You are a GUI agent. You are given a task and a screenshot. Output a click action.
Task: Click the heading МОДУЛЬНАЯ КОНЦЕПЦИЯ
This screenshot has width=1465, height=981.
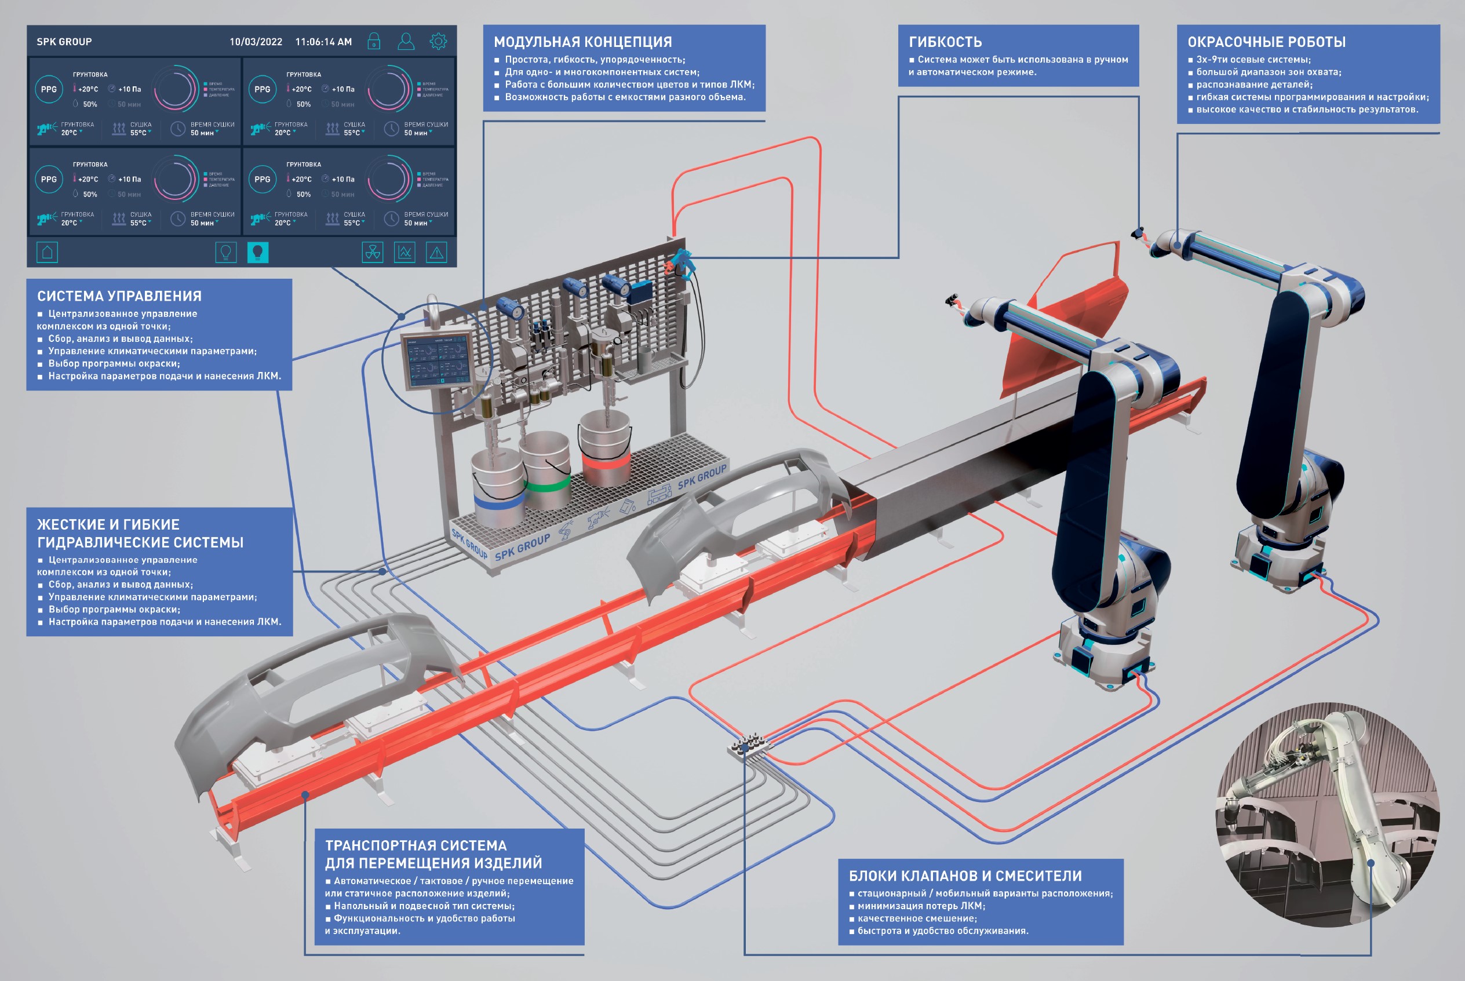tap(582, 42)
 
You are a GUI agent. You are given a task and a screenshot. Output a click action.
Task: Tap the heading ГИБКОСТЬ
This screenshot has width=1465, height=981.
tap(945, 42)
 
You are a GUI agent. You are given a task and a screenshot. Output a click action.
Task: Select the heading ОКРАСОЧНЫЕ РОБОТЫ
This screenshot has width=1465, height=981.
tap(1266, 42)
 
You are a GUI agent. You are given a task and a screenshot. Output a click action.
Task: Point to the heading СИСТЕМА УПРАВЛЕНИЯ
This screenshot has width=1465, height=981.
tap(119, 296)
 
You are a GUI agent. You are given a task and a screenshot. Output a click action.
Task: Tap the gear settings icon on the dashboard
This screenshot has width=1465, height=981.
tap(438, 41)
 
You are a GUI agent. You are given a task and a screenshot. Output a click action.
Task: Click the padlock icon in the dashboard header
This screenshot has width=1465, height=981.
tap(373, 41)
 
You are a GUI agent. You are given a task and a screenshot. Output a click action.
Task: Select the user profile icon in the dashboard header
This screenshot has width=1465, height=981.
tap(406, 41)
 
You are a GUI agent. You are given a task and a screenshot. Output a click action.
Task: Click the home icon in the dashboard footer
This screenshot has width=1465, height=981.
tap(47, 252)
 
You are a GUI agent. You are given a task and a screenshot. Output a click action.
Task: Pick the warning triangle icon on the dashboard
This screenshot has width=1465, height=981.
tap(436, 252)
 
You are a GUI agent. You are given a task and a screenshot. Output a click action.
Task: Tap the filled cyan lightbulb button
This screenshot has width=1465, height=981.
tap(258, 252)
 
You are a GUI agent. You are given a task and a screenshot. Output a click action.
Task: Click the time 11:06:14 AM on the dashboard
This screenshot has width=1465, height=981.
tap(323, 42)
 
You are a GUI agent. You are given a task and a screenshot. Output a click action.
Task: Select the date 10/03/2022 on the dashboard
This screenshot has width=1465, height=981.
tap(255, 42)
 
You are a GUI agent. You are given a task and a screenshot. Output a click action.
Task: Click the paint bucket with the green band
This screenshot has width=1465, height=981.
tap(545, 469)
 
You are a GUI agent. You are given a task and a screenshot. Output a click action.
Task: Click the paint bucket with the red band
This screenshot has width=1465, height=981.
tap(605, 450)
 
